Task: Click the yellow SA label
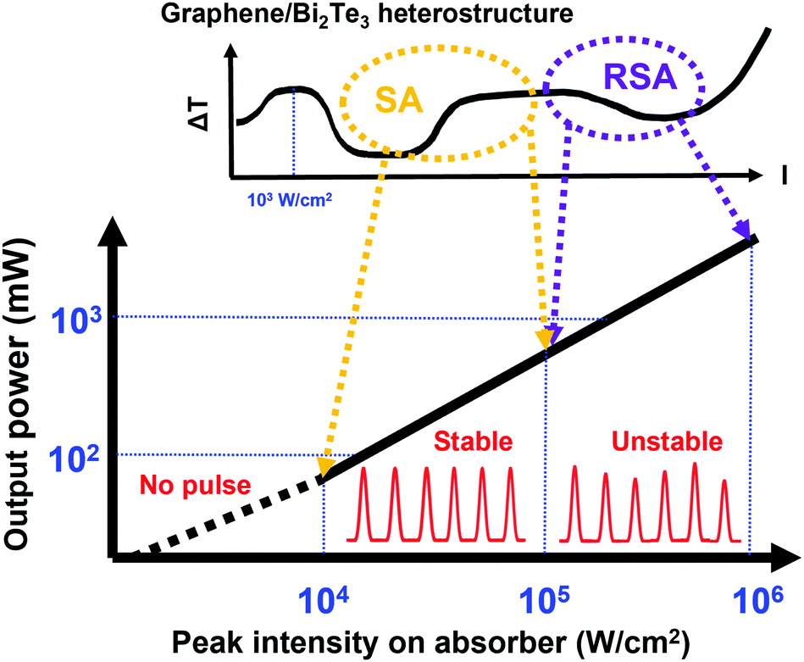397,104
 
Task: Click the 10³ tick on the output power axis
78,320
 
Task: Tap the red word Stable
474,441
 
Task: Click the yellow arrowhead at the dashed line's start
325,467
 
